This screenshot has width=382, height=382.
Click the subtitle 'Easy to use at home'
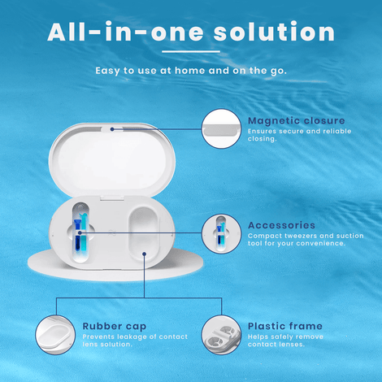[x=151, y=70]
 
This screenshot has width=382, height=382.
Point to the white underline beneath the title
[x=191, y=51]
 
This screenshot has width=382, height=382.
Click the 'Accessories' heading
[x=281, y=225]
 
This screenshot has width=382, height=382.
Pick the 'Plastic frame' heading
[x=284, y=326]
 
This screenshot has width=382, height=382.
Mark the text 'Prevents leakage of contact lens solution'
[x=135, y=341]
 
